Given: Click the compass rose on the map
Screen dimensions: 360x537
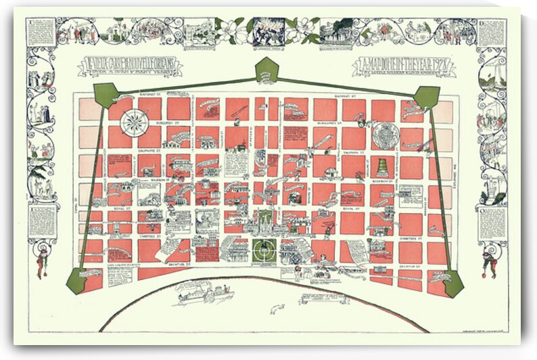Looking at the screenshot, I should coord(135,122).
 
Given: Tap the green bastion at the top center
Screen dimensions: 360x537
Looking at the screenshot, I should coord(267,70).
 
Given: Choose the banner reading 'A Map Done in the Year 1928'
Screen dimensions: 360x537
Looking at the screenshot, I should coord(403,66).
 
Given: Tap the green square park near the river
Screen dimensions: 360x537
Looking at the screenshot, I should coord(264,250).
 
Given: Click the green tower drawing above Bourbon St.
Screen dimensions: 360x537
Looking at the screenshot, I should coord(383,166).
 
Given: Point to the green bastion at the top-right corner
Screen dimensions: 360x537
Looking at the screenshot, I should coord(427,97).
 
